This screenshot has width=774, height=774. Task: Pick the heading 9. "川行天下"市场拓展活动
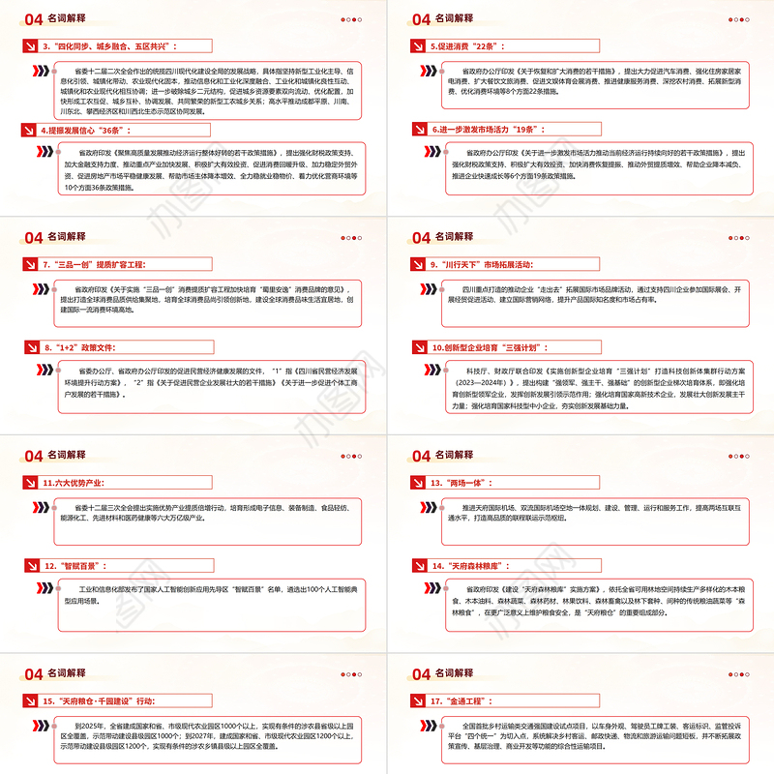coord(493,263)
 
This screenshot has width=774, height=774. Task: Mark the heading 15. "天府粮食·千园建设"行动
coord(112,699)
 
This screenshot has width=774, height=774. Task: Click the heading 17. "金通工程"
coord(468,699)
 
